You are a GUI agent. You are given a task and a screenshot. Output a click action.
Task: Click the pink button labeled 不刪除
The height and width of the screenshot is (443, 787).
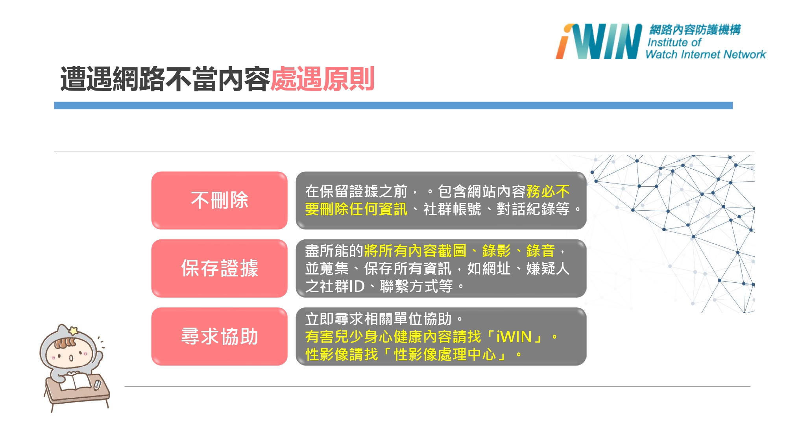pos(220,200)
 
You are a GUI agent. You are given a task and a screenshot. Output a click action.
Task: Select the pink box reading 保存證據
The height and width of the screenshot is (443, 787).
pos(220,268)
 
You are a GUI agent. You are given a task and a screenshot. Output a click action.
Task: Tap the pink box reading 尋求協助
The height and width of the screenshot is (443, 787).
pos(220,336)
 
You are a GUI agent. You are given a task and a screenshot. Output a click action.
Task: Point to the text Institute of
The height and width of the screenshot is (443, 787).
pos(674,42)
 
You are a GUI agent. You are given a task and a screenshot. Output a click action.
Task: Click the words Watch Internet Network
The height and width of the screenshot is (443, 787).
pos(706,54)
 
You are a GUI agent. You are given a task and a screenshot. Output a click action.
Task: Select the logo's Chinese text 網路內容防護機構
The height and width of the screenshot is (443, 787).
pos(695,30)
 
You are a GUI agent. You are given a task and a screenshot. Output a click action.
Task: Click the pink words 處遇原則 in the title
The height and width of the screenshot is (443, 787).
pos(322,79)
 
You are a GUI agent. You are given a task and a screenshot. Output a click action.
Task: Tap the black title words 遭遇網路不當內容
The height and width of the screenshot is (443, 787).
pos(165,79)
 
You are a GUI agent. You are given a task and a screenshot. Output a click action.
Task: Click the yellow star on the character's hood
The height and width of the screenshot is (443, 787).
pos(73,330)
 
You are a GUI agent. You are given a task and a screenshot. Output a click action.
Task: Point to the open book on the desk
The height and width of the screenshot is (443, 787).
pos(76,380)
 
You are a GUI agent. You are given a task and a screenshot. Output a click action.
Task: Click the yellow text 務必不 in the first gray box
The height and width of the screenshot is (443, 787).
pos(548,191)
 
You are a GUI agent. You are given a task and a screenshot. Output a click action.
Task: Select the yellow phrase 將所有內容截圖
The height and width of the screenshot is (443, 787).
pos(416,251)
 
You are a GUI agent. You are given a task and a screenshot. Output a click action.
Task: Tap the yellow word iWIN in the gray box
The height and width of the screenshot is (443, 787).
pos(514,337)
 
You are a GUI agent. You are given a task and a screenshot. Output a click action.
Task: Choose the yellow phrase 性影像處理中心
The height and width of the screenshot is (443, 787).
pos(445,354)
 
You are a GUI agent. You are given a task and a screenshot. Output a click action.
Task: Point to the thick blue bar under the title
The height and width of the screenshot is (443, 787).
pos(393,106)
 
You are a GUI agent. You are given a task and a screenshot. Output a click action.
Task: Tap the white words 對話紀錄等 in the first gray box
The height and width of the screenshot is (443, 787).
pos(533,209)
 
